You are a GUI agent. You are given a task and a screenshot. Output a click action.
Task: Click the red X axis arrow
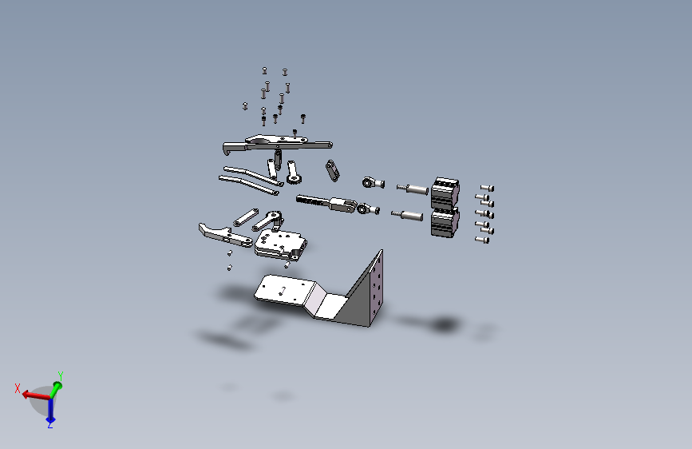coord(36,395)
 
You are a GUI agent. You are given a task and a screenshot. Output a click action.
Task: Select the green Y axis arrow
coord(56,390)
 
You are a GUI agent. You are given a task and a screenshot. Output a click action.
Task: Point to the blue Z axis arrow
coord(51,411)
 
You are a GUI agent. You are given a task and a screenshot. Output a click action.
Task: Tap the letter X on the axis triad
coord(18,388)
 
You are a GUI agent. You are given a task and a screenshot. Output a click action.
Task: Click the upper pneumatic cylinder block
coord(445,193)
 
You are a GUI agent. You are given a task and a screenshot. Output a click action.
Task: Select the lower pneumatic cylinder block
coord(445,222)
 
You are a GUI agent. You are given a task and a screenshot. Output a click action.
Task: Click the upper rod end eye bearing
coord(373,182)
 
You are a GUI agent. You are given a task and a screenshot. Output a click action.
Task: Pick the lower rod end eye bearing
coord(368,209)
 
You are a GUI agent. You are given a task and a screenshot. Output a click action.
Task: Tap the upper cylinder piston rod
coord(412,189)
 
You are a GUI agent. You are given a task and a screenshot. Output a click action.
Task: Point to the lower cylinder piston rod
coord(407,216)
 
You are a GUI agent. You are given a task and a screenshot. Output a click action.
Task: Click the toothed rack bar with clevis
coord(326,203)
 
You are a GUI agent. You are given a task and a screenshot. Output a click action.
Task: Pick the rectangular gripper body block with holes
coord(280,244)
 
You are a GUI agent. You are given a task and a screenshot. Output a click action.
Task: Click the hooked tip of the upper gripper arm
coord(226,150)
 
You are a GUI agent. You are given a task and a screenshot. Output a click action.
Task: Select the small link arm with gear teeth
coord(293,173)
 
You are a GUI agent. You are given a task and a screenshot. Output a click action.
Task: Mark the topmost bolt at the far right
coord(487,189)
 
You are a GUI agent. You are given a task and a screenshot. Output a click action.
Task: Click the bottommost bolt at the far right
coord(482,240)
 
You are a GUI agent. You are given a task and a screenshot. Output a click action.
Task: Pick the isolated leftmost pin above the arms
coord(245,105)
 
